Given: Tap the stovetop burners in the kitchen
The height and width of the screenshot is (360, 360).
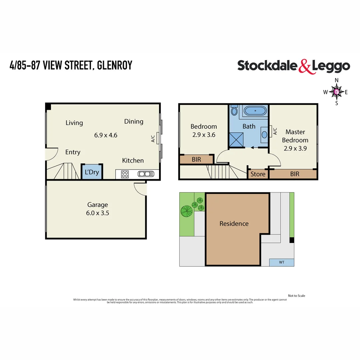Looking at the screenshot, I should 125,174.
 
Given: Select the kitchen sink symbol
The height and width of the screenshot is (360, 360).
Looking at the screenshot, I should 146,174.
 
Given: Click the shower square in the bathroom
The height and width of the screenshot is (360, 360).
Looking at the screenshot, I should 237,139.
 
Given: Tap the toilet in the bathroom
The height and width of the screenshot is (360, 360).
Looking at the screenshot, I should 234,111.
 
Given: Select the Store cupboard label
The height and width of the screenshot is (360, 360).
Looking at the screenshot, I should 258,174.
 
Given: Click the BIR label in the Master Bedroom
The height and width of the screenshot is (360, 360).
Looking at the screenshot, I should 295,174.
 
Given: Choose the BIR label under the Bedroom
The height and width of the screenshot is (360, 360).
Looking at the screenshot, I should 196,160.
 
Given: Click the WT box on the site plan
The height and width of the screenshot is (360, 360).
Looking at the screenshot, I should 281,262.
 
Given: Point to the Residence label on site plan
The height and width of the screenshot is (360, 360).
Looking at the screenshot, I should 234,224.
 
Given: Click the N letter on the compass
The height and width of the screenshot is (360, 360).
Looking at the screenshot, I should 337,80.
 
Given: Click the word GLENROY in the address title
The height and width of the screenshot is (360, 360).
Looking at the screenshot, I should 115,65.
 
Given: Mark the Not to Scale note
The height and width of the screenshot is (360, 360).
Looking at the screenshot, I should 296,296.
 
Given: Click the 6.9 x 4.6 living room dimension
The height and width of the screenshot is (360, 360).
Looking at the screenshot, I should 106,135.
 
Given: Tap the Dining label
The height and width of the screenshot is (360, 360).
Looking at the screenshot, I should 134,122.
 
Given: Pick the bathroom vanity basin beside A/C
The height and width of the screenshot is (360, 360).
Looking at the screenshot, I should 264,134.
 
